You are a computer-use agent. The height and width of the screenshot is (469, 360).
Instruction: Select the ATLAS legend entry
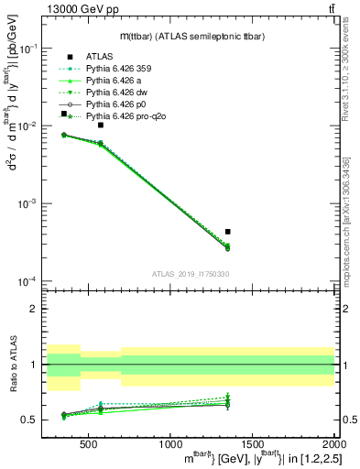tap(98, 55)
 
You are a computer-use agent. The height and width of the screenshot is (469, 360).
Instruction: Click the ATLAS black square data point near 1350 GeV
tap(228, 232)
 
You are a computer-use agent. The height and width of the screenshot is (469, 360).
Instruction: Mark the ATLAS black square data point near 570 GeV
tap(101, 125)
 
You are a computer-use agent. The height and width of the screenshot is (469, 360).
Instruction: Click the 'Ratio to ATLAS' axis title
tap(12, 364)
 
